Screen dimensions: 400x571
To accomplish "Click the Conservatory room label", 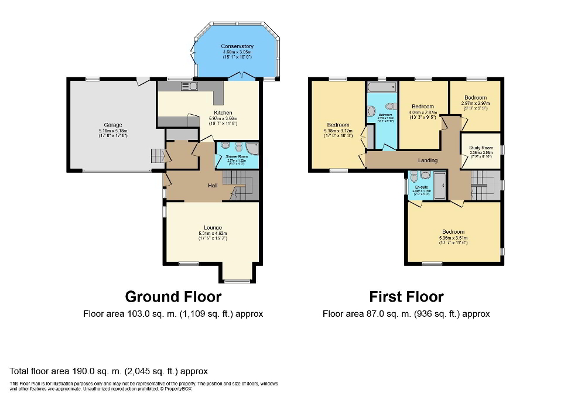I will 237,46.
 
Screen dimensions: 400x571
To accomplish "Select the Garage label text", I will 113,125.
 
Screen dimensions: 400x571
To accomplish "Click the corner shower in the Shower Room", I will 252,148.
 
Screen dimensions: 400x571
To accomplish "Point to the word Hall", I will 213,186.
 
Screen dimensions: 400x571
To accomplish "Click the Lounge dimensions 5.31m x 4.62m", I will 212,233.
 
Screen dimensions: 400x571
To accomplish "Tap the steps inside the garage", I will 157,156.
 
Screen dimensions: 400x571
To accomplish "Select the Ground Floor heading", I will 173,297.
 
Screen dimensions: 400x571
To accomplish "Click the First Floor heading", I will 406,297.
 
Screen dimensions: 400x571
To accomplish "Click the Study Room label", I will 481,148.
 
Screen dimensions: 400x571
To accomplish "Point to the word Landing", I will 428,160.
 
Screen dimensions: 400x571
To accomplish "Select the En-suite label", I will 421,186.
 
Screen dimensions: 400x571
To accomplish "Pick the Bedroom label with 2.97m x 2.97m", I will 475,98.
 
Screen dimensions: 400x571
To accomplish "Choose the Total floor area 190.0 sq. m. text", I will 109,371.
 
